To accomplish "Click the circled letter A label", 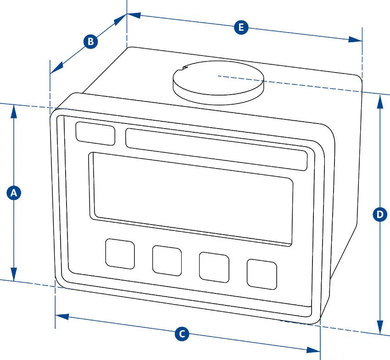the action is coord(14,193).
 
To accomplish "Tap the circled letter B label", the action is coord(90,41).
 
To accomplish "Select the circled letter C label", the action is coord(182,334).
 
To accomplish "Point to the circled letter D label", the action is coord(380,214).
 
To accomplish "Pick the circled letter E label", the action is coord(241,27).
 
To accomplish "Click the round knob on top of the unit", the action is coord(218,82).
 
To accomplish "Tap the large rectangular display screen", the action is coord(191,199).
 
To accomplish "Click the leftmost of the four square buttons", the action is coord(120,254).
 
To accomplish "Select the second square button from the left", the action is coord(167,261).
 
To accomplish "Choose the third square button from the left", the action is coord(214,267).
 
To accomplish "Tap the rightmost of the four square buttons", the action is coord(262,274).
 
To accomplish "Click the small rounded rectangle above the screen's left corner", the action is coord(95,134).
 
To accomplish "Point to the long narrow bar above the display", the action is coord(217,149).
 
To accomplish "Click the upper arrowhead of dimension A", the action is coord(14,111).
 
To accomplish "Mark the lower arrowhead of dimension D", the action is coord(380,327).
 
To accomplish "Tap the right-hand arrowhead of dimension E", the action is coord(355,39).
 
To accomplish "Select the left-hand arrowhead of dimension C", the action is coord(62,317).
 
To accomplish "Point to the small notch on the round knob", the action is coord(184,67).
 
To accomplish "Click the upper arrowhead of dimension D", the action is coord(380,101).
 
